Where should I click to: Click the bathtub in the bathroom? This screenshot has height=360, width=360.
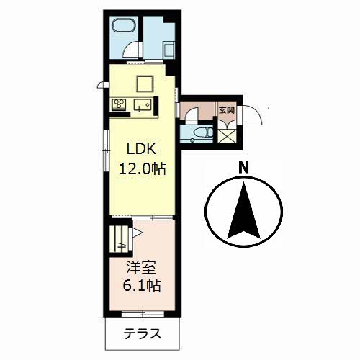click(124, 25)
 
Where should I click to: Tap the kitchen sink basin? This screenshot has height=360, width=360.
click(142, 104)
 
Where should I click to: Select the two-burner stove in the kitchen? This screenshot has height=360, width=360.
click(119, 104)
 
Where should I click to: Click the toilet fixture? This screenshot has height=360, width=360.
click(203, 132)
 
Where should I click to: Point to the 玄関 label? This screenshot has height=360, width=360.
click(226, 110)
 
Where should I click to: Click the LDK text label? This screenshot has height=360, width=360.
click(142, 149)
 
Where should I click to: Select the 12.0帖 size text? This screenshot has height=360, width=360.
click(142, 168)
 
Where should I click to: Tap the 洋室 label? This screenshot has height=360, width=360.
click(141, 268)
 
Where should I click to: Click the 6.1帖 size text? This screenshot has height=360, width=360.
click(141, 285)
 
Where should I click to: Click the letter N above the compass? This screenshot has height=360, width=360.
click(243, 167)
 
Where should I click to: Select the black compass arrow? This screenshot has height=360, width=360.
click(243, 210)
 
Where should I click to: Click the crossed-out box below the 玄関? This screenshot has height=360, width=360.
click(227, 135)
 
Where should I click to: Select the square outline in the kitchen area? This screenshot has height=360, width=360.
click(145, 84)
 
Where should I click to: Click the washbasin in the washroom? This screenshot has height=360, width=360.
click(169, 50)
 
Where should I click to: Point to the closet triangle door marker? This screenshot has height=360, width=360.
click(138, 233)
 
